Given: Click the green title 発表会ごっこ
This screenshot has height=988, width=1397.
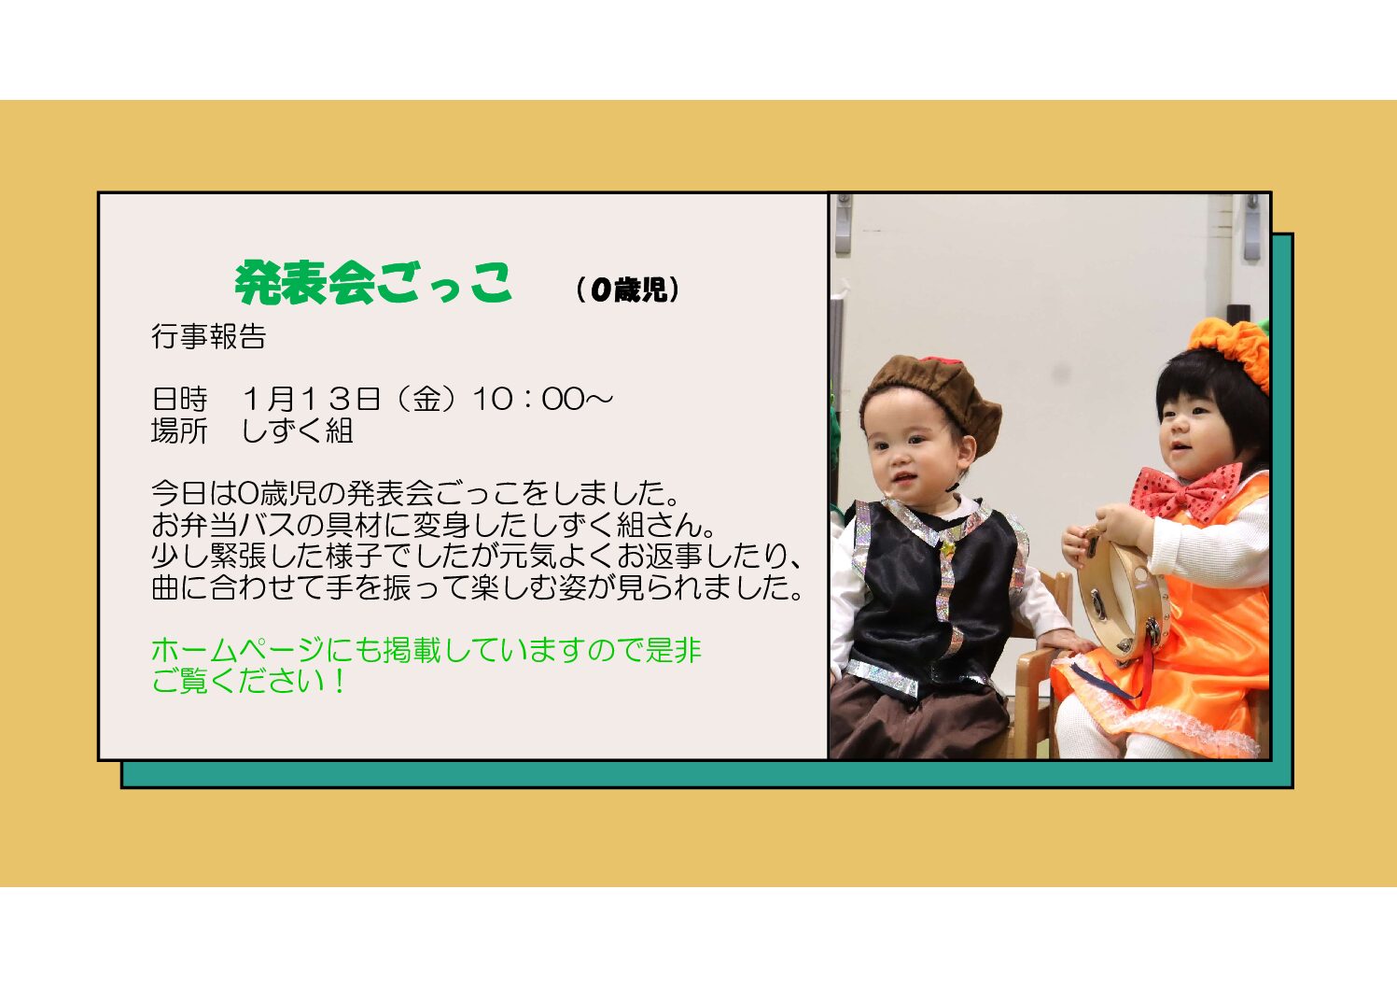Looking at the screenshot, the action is click(373, 283).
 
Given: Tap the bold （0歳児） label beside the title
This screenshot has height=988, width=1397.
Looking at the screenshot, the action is click(628, 289).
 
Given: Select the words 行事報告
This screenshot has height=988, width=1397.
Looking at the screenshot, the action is click(209, 336).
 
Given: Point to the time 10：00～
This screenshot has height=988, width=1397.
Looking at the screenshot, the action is click(542, 399).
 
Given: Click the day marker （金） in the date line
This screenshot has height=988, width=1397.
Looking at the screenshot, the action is click(426, 399).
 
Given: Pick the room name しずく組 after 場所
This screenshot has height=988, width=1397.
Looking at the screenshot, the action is click(298, 430).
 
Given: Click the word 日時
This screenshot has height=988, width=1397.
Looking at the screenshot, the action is click(179, 399).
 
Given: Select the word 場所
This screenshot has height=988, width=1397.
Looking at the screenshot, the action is click(179, 430).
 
